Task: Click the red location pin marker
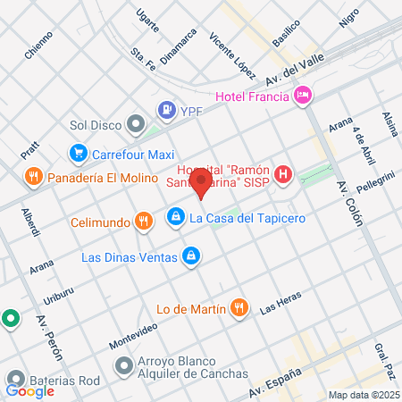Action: pyautogui.click(x=202, y=185)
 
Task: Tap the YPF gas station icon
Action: pyautogui.click(x=165, y=110)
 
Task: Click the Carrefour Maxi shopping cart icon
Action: pyautogui.click(x=79, y=153)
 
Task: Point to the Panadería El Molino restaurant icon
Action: pyautogui.click(x=32, y=175)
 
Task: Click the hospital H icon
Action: pyautogui.click(x=283, y=174)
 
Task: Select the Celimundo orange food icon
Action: pyautogui.click(x=142, y=220)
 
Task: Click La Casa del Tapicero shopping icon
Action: pyautogui.click(x=176, y=217)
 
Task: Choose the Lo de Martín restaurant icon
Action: pyautogui.click(x=238, y=309)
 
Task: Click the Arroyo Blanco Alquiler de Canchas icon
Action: pyautogui.click(x=123, y=365)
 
